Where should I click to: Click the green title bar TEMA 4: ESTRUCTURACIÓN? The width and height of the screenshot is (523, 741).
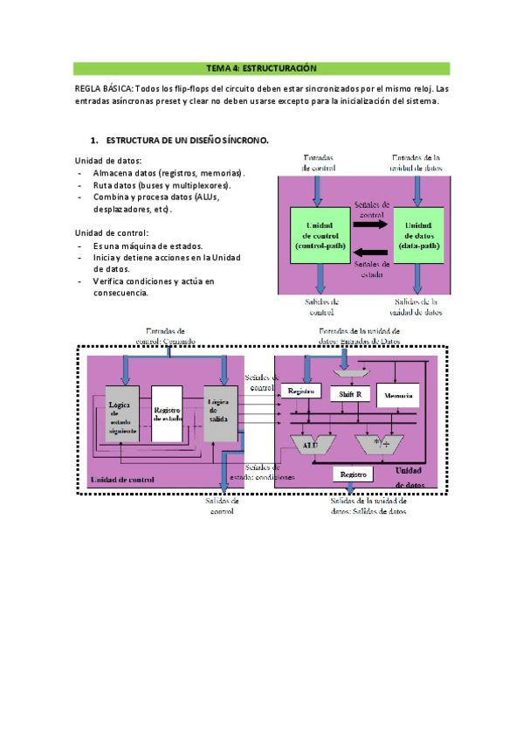261,68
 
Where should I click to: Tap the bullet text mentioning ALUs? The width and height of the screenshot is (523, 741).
144,197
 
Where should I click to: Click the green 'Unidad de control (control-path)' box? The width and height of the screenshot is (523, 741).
320,237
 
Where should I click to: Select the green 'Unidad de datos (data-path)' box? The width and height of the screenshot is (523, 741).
419,237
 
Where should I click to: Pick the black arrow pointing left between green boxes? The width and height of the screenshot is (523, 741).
369,252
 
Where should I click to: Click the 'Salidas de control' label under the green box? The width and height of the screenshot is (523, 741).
321,306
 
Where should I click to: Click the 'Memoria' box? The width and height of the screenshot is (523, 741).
398,396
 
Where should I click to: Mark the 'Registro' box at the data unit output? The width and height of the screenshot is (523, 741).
353,474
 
